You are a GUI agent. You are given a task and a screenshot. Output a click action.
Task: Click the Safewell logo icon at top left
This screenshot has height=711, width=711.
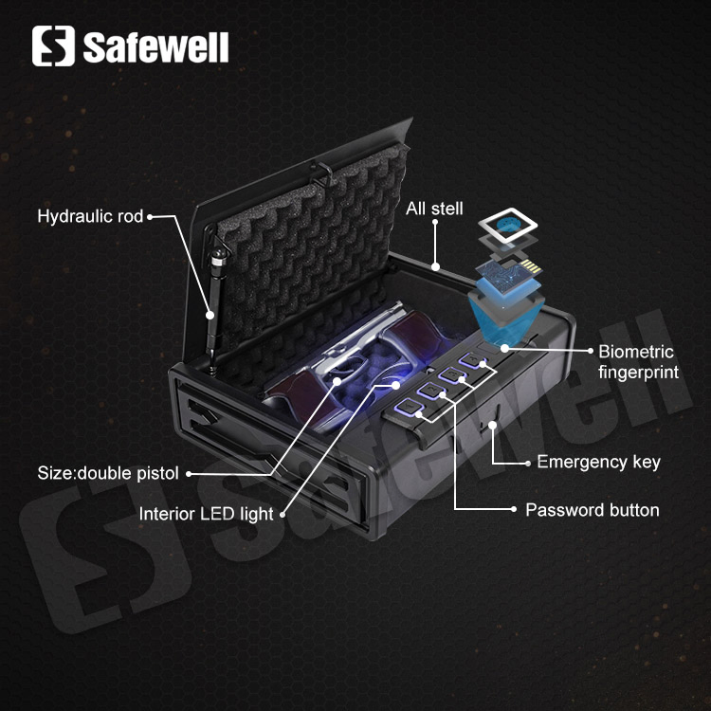click(x=53, y=46)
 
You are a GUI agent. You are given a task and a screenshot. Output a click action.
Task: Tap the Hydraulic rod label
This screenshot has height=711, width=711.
click(x=89, y=217)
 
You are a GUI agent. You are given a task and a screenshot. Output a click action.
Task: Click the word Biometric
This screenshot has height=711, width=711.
click(x=635, y=353)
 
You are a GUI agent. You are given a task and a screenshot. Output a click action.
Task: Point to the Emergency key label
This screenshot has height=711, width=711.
click(x=598, y=463)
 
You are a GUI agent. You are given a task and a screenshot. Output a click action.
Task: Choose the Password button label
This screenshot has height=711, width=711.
click(x=592, y=510)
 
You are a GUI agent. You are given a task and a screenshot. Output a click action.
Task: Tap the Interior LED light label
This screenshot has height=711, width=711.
click(x=206, y=514)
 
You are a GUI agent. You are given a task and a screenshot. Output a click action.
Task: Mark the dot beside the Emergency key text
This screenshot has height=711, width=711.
click(x=526, y=463)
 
